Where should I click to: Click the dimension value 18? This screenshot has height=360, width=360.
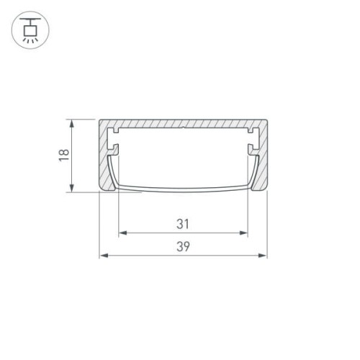pos(63,155)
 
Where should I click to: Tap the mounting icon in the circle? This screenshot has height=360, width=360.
pos(30,30)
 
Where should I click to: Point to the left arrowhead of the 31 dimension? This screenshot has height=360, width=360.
pos(122,233)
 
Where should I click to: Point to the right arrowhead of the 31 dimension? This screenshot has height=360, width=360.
pos(244,233)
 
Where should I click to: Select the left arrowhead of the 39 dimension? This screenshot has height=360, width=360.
pos(102,256)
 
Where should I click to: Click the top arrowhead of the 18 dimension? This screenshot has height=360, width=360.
pos(72,123)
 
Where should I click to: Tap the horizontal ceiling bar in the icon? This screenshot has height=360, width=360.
pos(30,19)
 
